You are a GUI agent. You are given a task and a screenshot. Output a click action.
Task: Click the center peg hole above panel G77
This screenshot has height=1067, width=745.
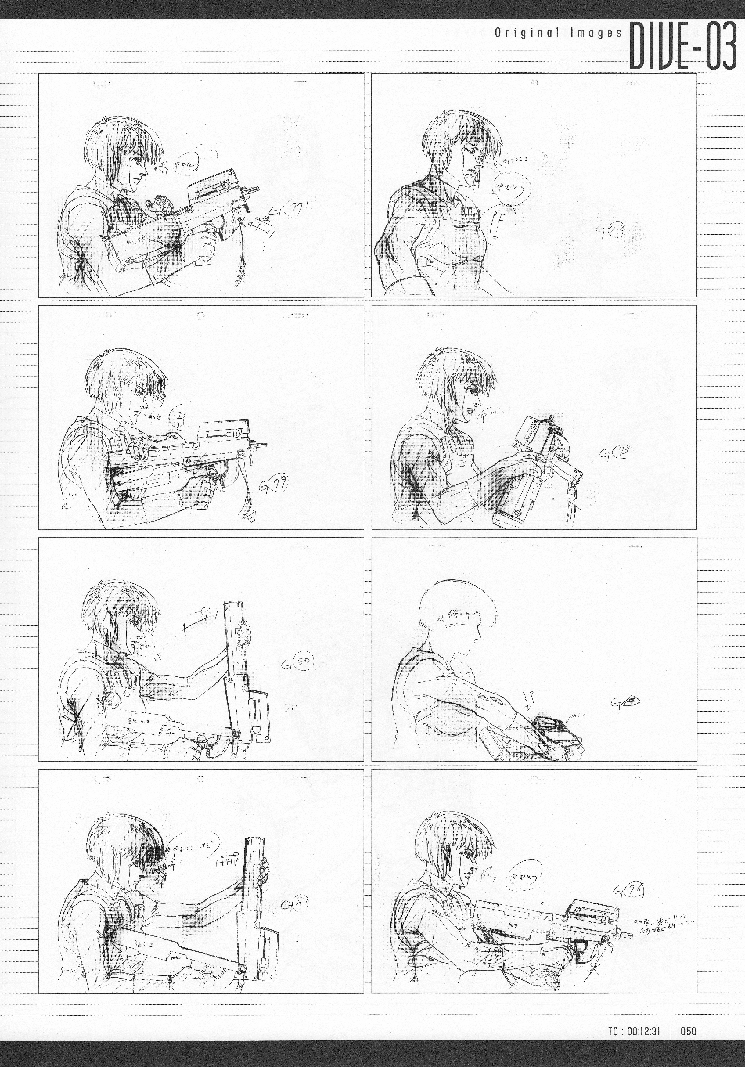click(201, 84)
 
